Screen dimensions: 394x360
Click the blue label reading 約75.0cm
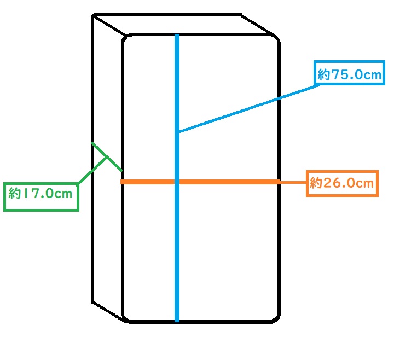point(349,74)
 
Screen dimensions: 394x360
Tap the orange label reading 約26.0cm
point(342,183)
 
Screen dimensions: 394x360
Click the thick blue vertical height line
point(177,178)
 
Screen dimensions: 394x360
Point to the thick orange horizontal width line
point(200,182)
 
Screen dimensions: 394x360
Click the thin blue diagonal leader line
point(250,108)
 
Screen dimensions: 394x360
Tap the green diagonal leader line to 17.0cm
point(92,170)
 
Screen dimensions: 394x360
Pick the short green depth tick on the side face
point(107,157)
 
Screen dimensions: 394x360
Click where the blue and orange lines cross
point(177,182)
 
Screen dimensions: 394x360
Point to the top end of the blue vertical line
point(177,34)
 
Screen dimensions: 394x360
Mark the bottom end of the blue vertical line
point(177,321)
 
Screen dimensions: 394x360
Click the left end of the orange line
point(121,182)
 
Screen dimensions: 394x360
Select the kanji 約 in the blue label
point(323,74)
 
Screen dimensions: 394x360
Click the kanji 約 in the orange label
point(316,183)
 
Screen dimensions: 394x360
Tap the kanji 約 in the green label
point(14,193)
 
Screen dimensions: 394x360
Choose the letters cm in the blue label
point(373,76)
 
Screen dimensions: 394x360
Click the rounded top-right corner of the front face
point(276,38)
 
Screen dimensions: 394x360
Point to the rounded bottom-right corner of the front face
point(276,318)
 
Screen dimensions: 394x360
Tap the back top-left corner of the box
point(93,15)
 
